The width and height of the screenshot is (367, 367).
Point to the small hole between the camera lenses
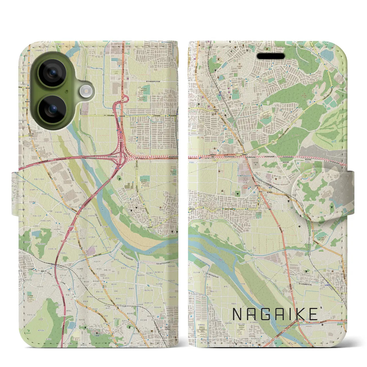tap(67, 91)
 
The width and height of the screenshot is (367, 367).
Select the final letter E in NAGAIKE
tap(313, 314)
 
